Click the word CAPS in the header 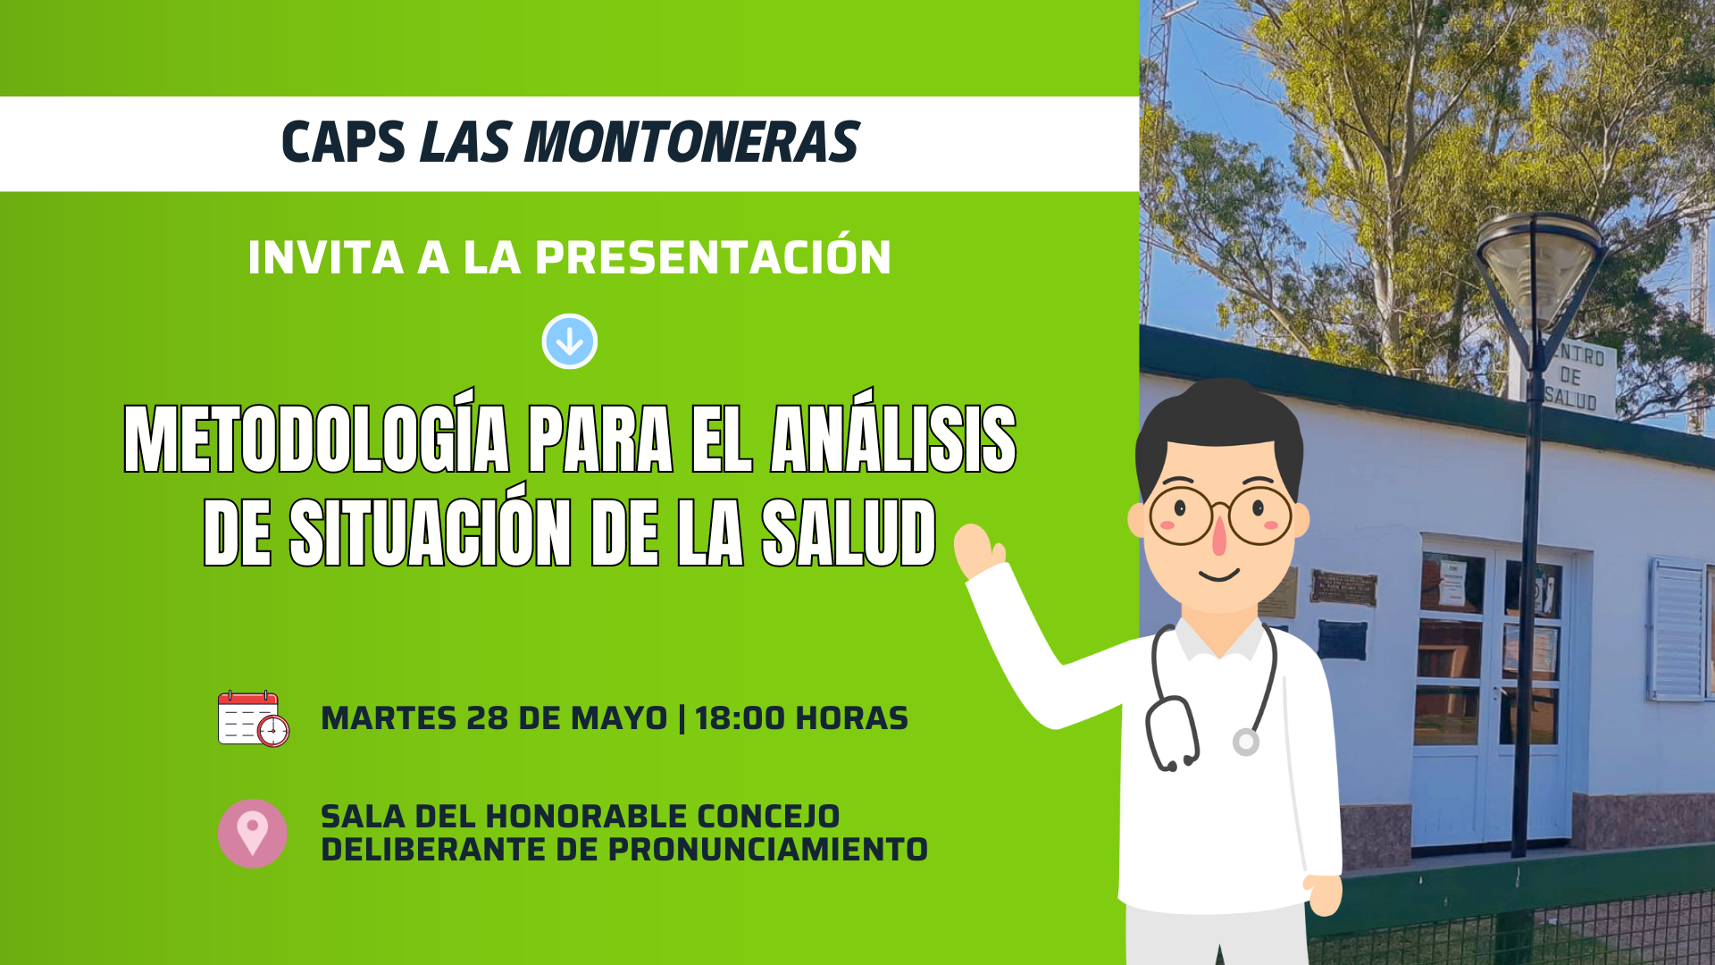344,143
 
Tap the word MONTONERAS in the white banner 691,143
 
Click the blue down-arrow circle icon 570,341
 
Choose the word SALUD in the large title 849,533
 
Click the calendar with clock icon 254,718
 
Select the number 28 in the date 487,718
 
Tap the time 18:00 740,718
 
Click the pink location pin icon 253,833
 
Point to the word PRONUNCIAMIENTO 768,850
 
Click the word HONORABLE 587,817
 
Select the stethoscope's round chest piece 1246,742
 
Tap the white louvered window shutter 1678,630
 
